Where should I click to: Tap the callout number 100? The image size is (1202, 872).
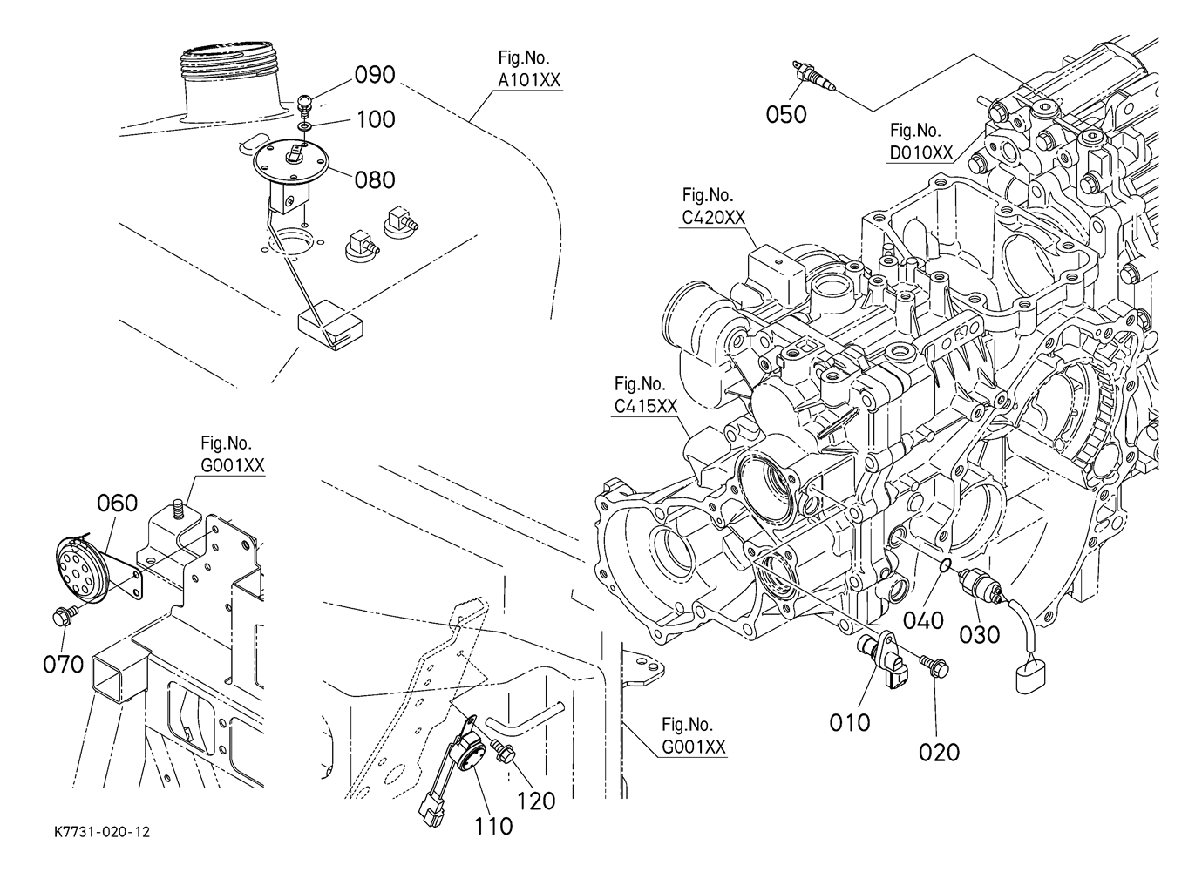(376, 118)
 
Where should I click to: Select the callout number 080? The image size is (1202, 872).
(375, 179)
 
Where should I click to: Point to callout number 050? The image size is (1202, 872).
(786, 114)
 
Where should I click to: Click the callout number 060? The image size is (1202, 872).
(117, 504)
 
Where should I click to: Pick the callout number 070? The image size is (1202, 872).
(64, 665)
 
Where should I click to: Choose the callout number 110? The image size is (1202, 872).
(493, 825)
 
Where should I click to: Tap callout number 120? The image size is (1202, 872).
(536, 800)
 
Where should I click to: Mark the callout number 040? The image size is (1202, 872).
(924, 620)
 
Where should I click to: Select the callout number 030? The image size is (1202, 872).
(980, 634)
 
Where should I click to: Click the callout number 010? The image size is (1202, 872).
(850, 722)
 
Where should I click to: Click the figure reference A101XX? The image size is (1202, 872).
(529, 80)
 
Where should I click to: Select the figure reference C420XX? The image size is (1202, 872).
(714, 217)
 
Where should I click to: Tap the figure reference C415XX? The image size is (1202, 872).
(645, 406)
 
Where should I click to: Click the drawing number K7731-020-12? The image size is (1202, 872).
(101, 833)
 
